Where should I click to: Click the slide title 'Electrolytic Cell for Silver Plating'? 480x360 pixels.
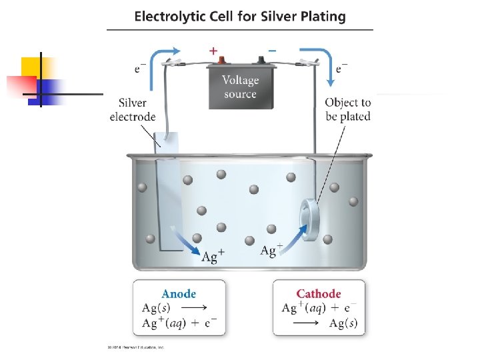240,17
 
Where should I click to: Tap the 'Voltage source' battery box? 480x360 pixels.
240,87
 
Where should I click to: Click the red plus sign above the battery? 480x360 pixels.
213,51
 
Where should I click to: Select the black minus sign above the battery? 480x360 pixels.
271,51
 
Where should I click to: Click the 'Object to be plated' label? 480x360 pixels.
347,109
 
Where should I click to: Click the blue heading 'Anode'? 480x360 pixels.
179,293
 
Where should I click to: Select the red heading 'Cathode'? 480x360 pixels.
319,293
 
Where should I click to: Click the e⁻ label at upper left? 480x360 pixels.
141,67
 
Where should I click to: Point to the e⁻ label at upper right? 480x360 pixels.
341,67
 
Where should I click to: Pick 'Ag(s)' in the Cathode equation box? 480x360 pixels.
343,324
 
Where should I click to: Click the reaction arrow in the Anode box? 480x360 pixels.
194,308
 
